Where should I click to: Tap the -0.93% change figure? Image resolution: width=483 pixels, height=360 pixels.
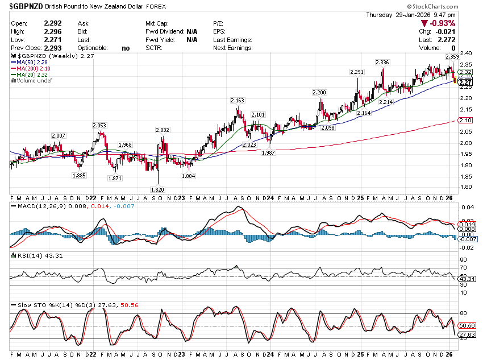(443, 23)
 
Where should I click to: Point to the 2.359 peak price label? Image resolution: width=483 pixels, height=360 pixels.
(452, 57)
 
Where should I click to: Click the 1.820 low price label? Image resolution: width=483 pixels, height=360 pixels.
(157, 189)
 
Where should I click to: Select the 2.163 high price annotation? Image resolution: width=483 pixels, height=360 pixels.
(237, 100)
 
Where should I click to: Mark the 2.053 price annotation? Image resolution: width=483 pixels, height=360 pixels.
(99, 125)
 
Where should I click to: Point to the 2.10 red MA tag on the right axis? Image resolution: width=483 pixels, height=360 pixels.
(466, 121)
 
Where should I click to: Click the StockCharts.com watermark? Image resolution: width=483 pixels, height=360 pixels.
(452, 6)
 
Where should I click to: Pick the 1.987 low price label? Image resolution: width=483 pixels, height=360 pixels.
(269, 152)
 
